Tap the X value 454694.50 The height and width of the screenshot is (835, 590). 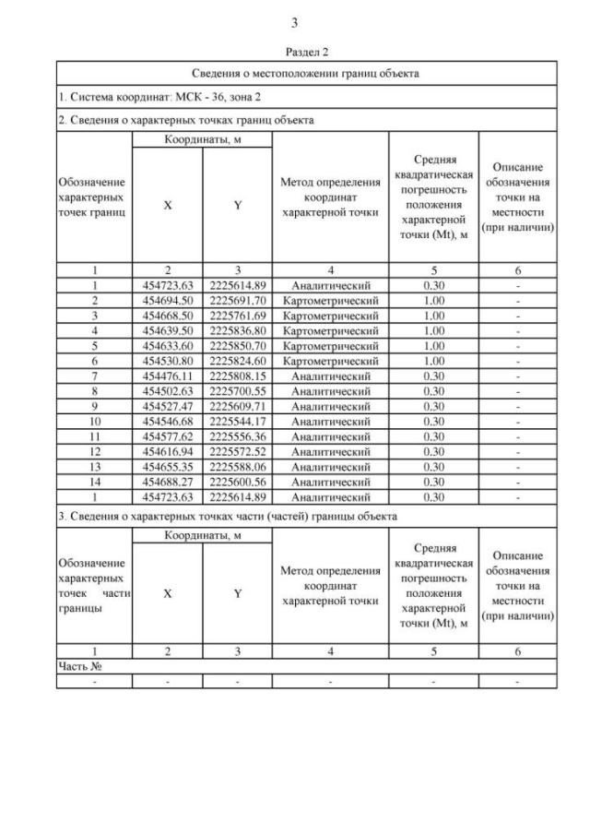[167, 300]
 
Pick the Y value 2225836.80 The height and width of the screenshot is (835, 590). [237, 330]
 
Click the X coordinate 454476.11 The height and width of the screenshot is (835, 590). [167, 376]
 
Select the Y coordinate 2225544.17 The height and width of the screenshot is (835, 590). [237, 421]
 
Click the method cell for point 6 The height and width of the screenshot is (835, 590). [330, 361]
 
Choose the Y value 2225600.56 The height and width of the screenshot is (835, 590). [237, 481]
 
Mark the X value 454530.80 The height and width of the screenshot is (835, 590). [167, 361]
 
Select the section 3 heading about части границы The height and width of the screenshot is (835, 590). [228, 515]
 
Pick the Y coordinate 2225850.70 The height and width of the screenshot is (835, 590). [237, 345]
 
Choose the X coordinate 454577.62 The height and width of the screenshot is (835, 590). [167, 435]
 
